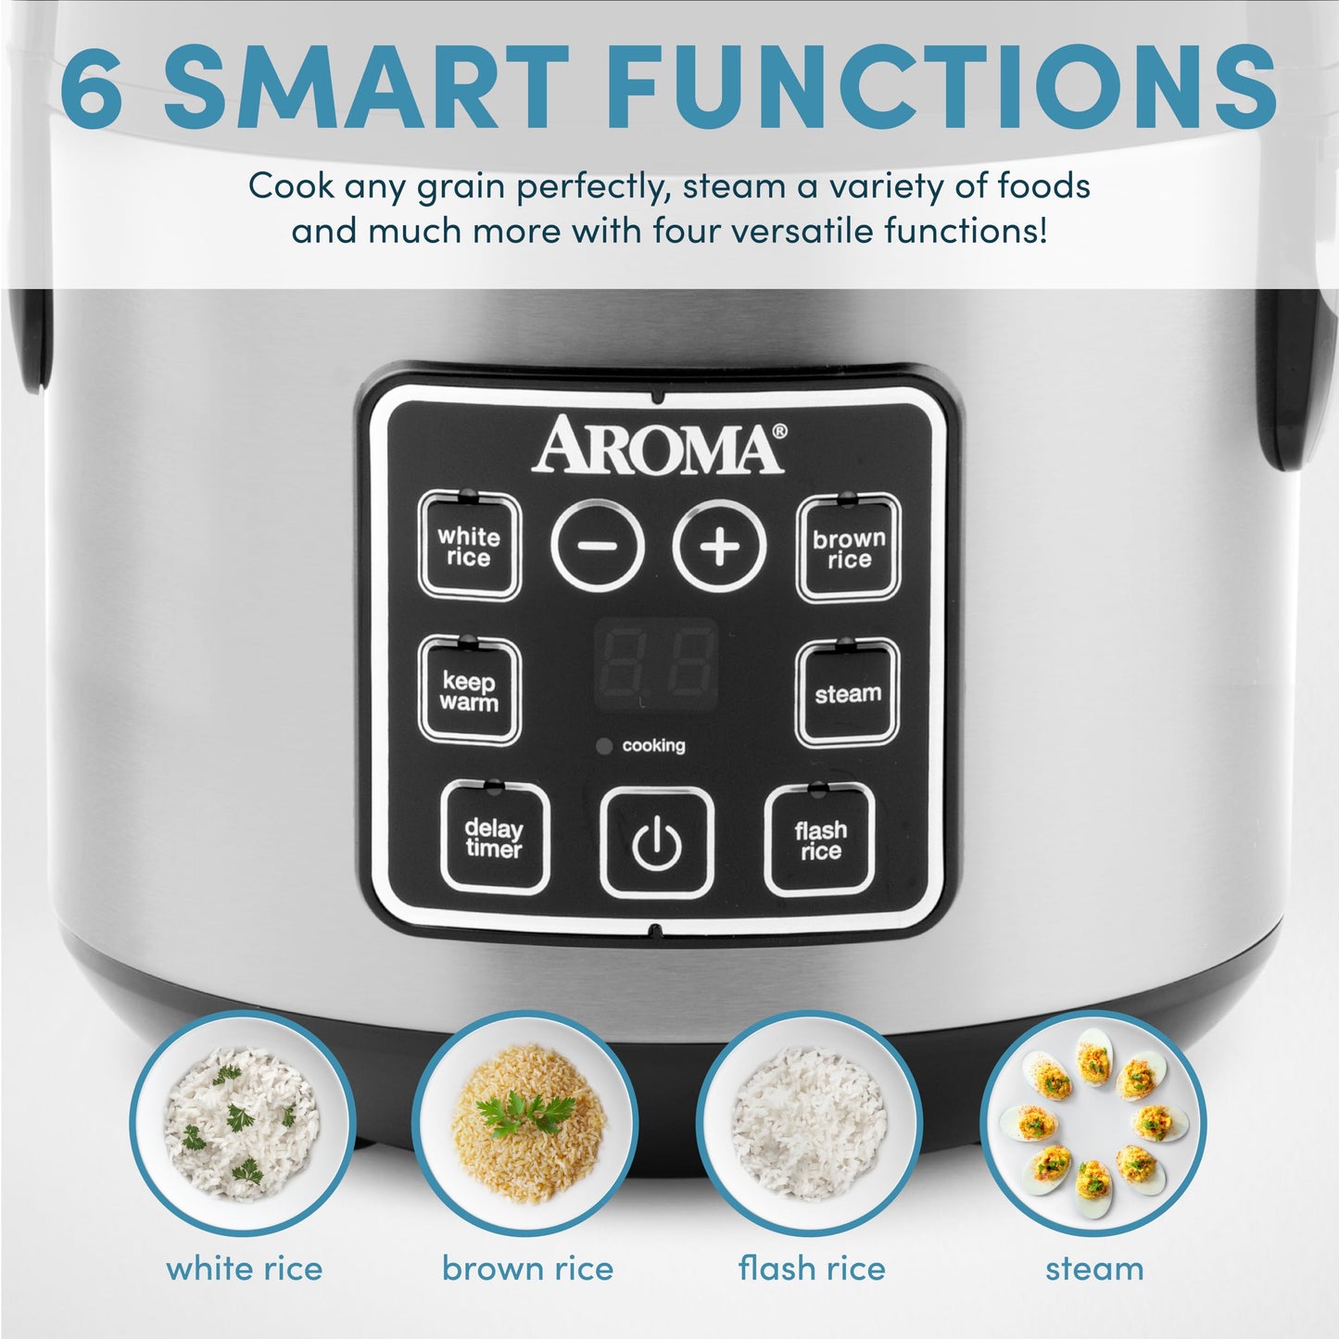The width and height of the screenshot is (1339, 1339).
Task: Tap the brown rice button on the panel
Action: click(849, 549)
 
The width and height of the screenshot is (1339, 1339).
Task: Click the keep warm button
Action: click(469, 691)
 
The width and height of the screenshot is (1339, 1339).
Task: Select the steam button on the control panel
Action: click(847, 693)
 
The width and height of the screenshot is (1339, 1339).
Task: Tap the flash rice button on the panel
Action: click(820, 840)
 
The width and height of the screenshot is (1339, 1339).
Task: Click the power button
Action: click(657, 843)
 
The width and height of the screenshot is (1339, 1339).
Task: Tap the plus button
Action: click(720, 546)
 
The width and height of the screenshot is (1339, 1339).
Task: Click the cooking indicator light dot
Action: click(604, 746)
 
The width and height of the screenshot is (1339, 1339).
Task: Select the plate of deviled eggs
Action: click(1093, 1123)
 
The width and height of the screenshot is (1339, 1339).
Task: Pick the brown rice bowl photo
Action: click(525, 1123)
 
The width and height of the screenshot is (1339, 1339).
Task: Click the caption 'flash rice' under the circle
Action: click(812, 1268)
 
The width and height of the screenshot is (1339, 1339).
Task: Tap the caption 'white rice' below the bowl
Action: click(245, 1268)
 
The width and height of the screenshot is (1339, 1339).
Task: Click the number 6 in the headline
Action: click(92, 86)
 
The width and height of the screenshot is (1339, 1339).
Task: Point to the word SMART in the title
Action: click(365, 86)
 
